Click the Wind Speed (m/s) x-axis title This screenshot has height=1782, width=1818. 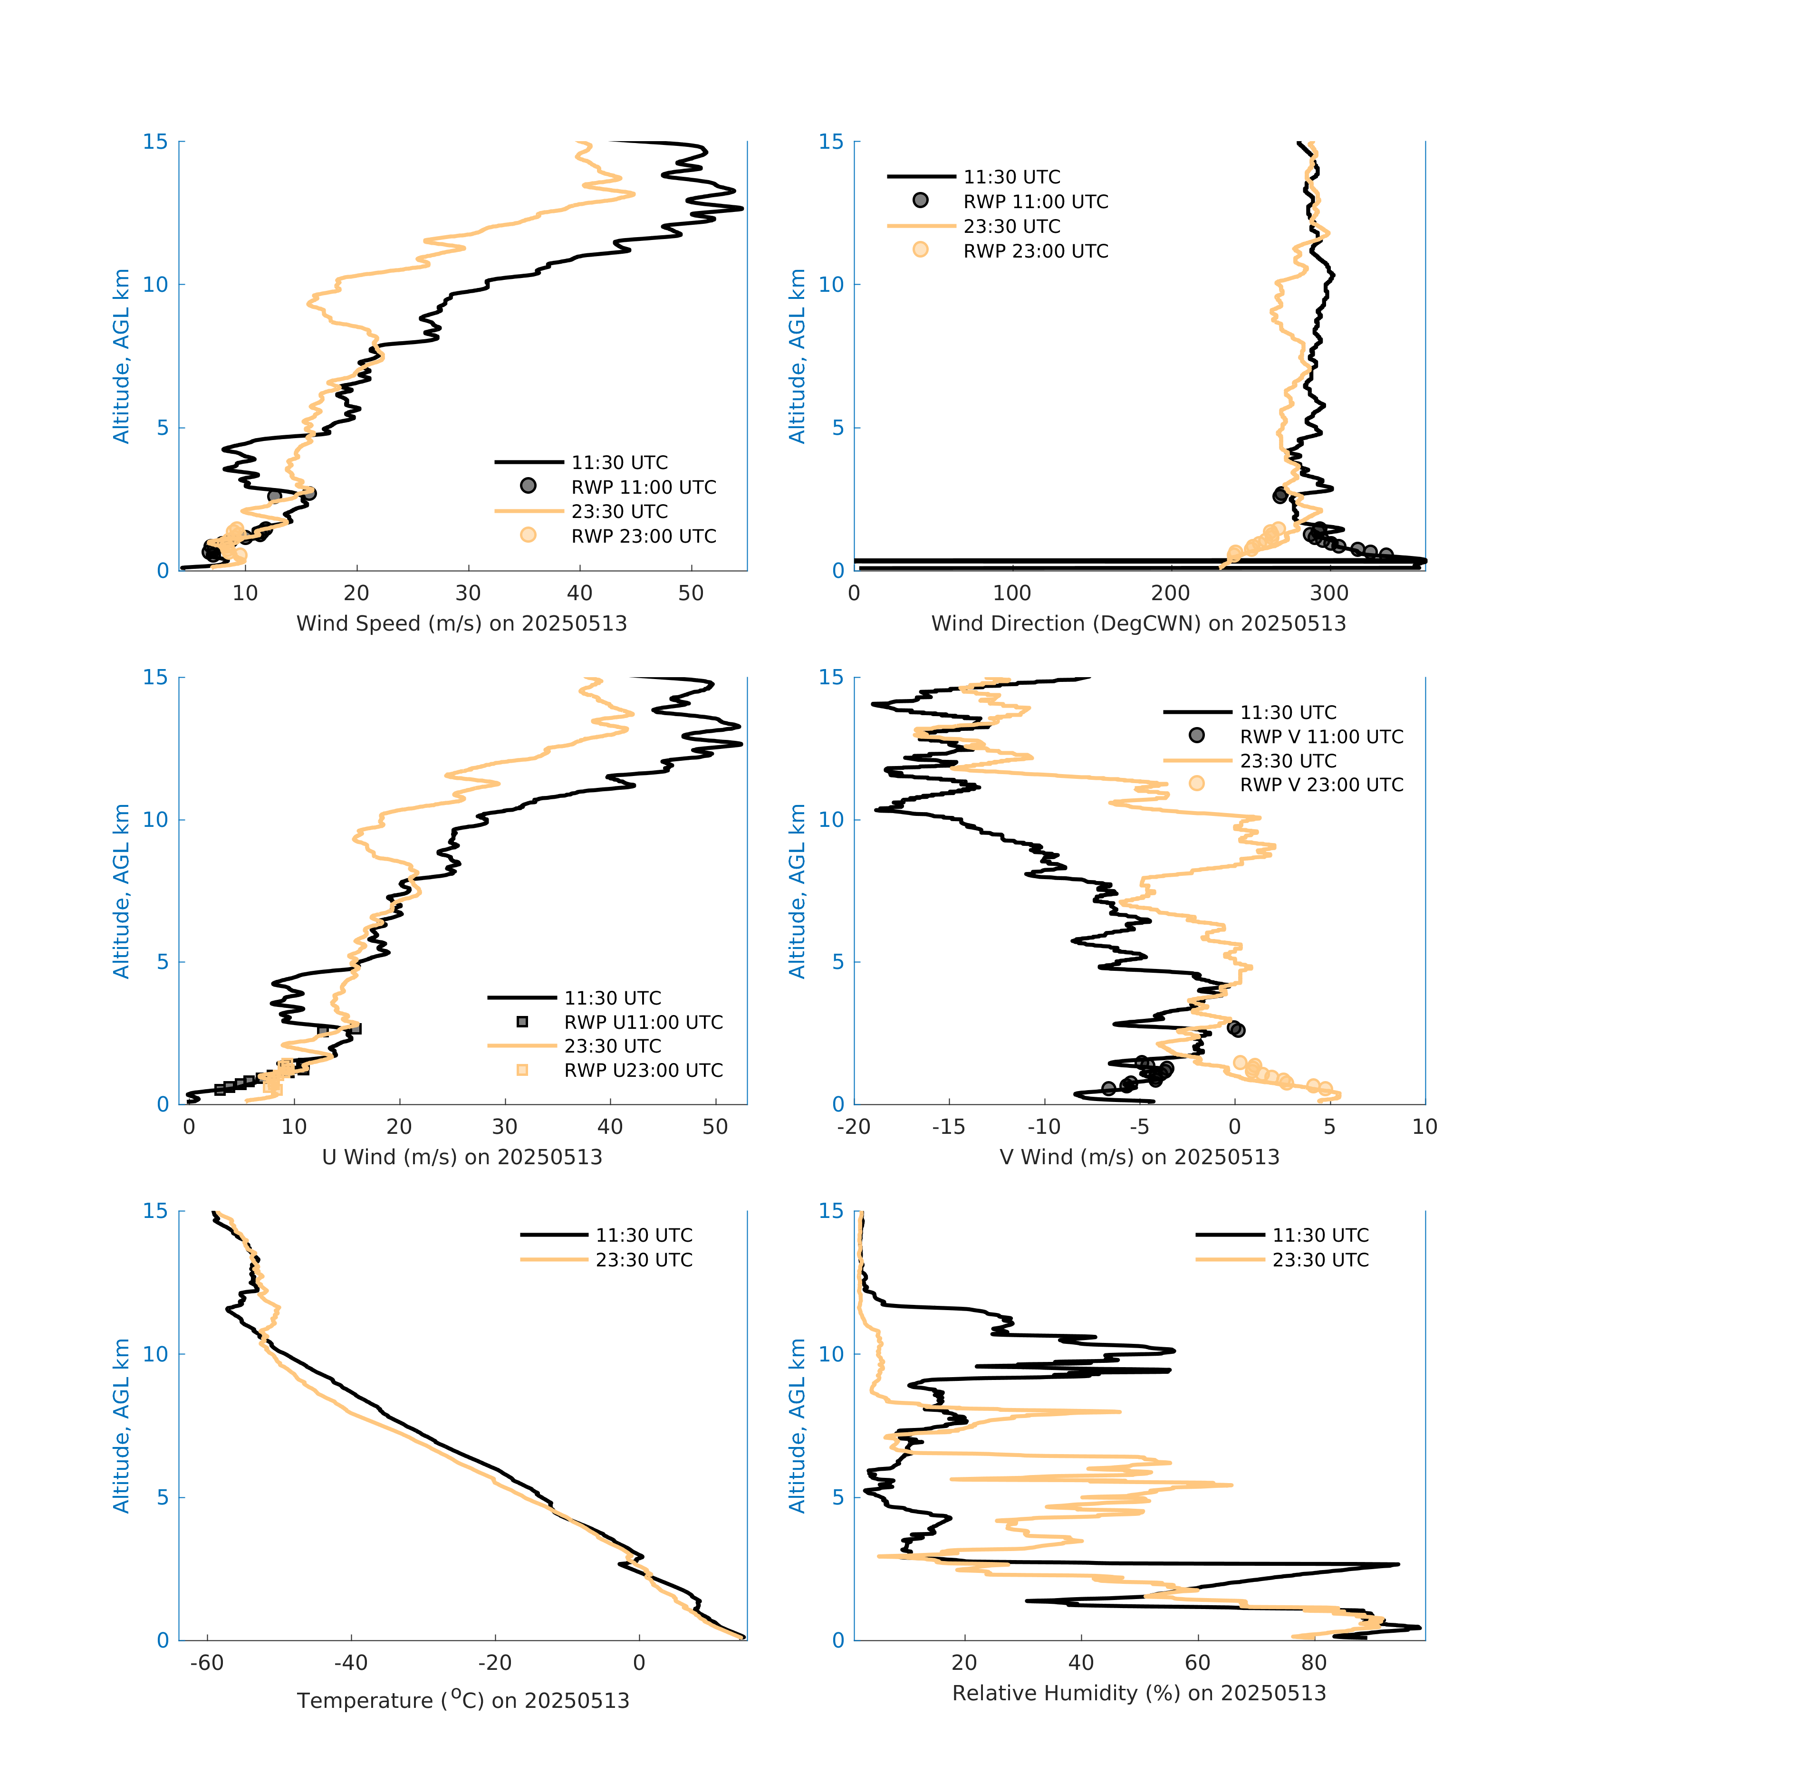click(462, 623)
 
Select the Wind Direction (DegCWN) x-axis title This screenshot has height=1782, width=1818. click(1138, 623)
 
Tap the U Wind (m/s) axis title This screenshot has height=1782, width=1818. click(462, 1157)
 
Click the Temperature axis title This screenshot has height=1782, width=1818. click(462, 1700)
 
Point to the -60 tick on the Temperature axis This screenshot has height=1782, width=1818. click(207, 1662)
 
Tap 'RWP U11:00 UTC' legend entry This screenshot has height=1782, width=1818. click(643, 1022)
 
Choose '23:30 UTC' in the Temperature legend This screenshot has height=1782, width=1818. click(644, 1260)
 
